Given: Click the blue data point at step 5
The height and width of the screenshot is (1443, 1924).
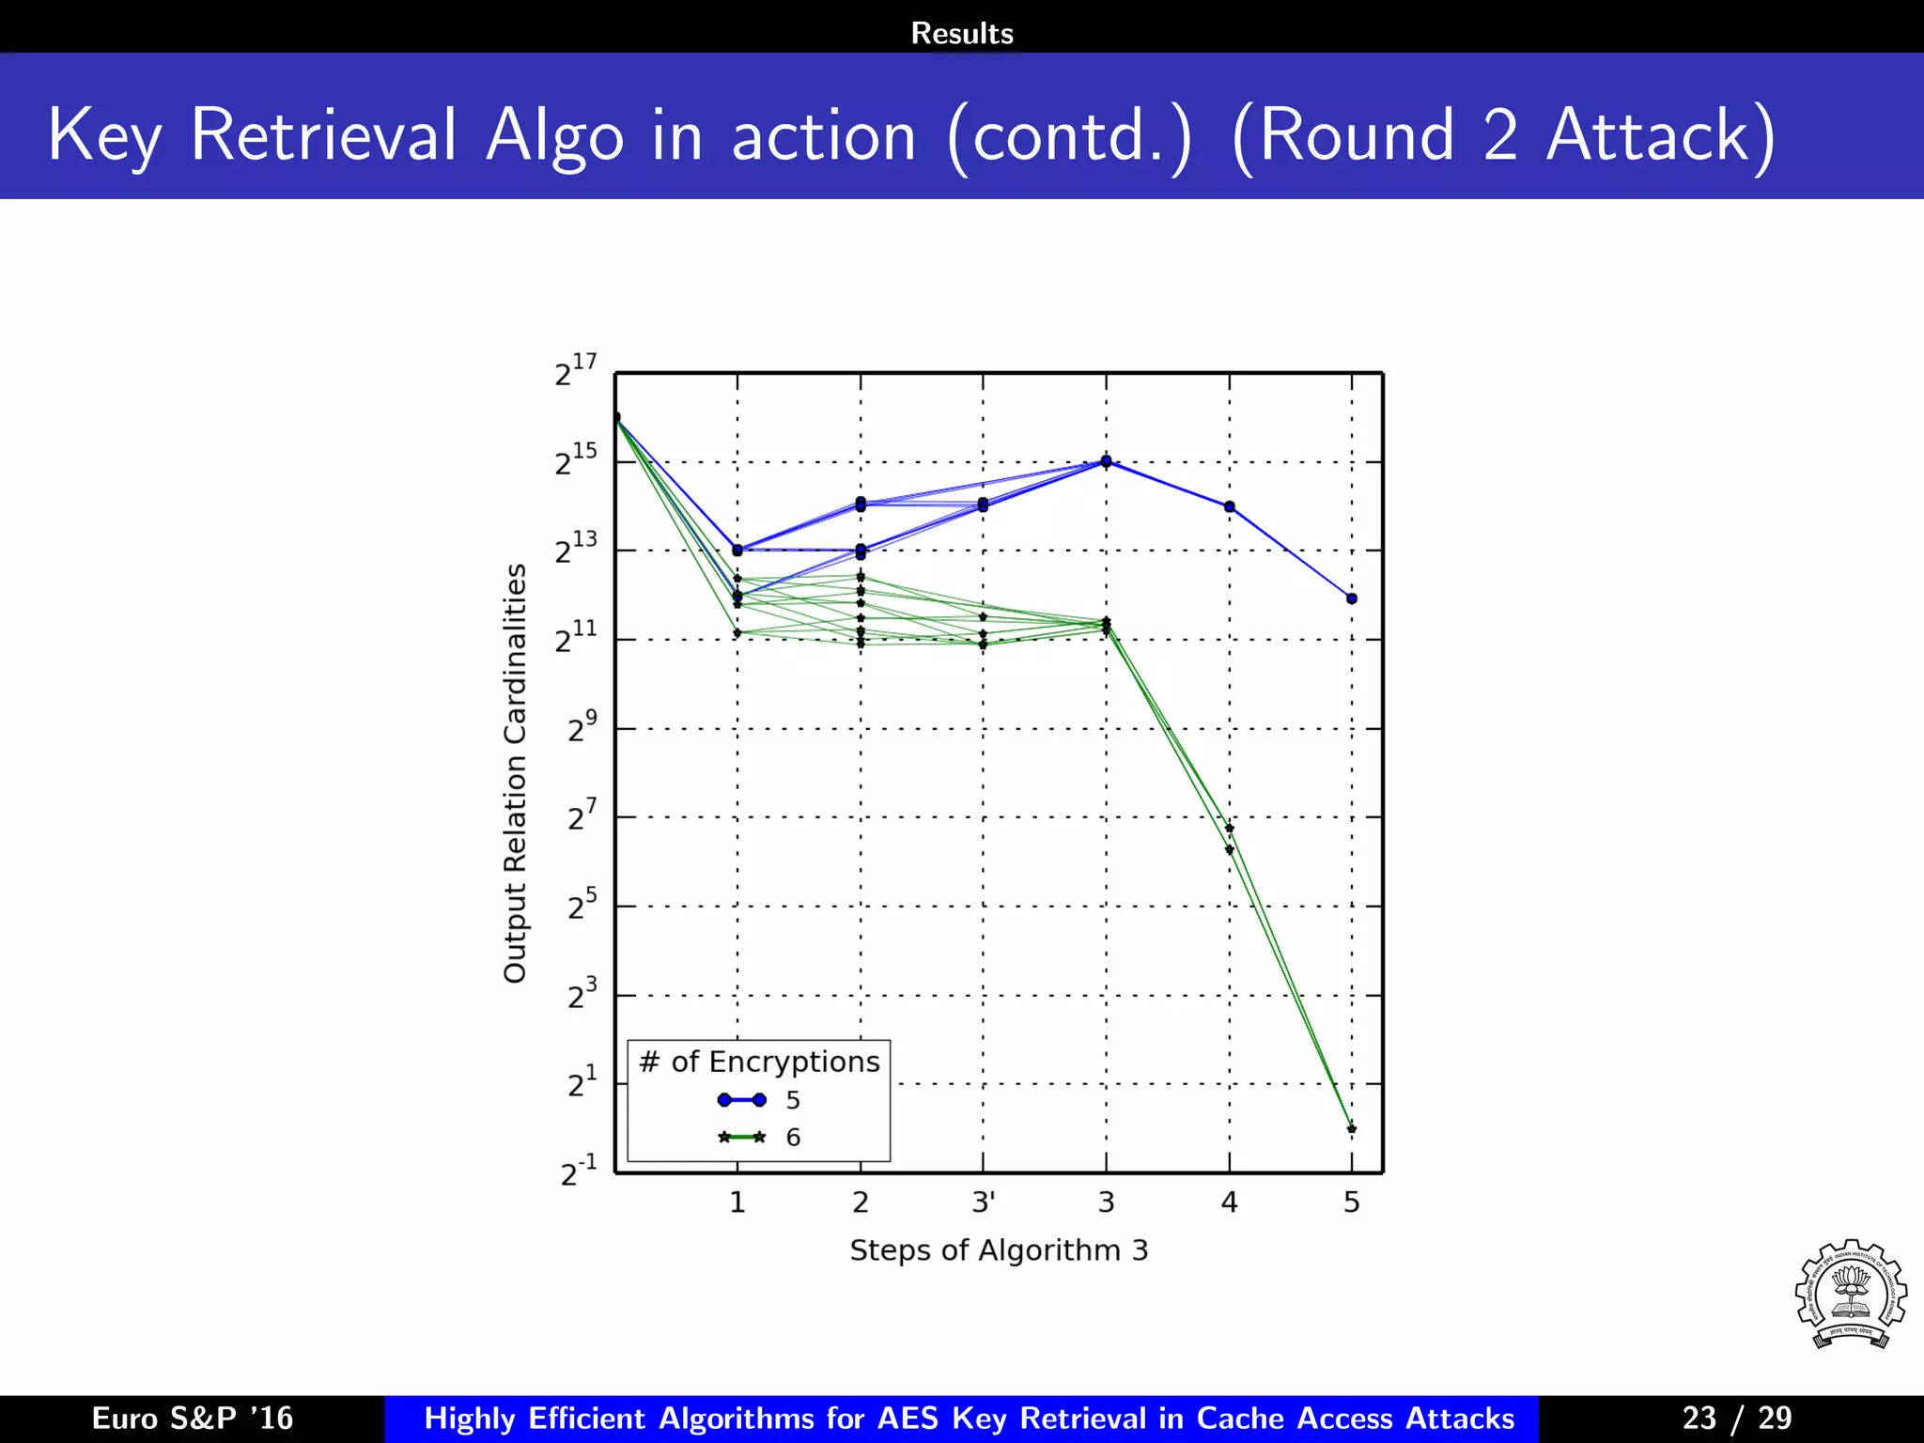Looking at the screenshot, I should pyautogui.click(x=1351, y=598).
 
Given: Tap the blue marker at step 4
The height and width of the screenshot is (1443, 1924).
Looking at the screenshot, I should pyautogui.click(x=1229, y=506).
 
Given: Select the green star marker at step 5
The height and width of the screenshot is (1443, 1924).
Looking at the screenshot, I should pyautogui.click(x=1351, y=1129).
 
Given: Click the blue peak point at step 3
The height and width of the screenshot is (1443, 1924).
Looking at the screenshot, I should pyautogui.click(x=1106, y=461).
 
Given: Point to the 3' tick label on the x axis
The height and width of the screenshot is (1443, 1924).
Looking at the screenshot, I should pyautogui.click(x=984, y=1202).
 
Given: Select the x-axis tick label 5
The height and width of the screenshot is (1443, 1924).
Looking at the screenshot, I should pyautogui.click(x=1351, y=1202).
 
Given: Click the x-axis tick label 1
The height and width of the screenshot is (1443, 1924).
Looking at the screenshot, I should pyautogui.click(x=737, y=1202).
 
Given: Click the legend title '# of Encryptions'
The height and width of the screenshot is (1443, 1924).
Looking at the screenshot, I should pyautogui.click(x=759, y=1062).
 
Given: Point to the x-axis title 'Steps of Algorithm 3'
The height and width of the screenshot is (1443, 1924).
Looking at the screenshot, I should pyautogui.click(x=999, y=1250).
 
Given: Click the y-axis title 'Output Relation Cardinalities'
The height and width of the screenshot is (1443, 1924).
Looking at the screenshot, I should pyautogui.click(x=515, y=773).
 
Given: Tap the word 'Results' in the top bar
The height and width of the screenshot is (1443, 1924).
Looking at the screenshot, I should pyautogui.click(x=962, y=34).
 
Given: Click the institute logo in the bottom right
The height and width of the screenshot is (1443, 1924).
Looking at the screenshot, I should pyautogui.click(x=1850, y=1295).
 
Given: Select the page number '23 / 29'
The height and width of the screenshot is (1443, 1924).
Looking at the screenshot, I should pyautogui.click(x=1736, y=1418).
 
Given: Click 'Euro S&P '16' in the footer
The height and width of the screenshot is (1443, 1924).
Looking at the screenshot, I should pyautogui.click(x=193, y=1418).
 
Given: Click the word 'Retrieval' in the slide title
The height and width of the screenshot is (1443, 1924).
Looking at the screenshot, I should pyautogui.click(x=324, y=135).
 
